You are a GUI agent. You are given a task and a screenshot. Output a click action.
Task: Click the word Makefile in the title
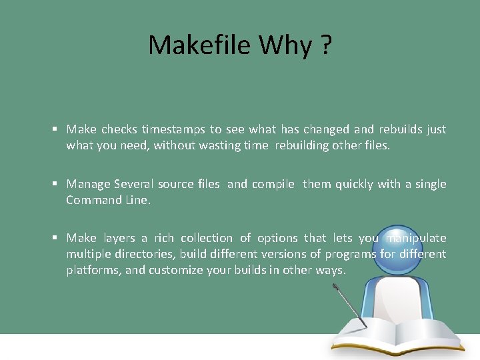pos(200,45)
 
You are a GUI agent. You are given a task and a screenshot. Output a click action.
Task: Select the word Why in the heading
pos(285,45)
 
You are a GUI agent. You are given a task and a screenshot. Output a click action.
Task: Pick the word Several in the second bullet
pos(133,184)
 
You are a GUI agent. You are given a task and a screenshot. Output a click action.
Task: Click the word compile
pos(273,184)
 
